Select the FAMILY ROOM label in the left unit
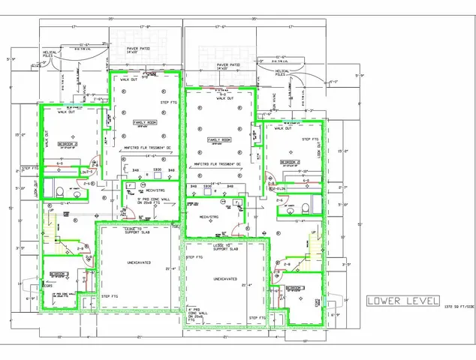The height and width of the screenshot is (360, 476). click(144, 121)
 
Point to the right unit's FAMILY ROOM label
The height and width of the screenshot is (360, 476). click(219, 140)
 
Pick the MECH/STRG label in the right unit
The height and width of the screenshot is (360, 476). click(208, 216)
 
